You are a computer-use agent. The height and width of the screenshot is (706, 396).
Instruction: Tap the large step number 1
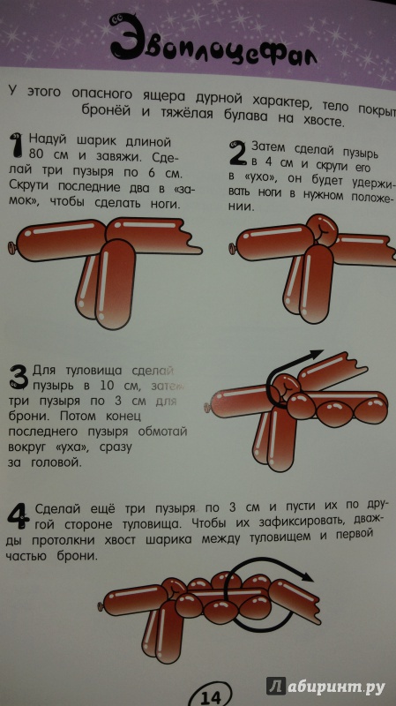point(17,145)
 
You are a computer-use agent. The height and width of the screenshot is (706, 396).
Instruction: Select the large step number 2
point(236,153)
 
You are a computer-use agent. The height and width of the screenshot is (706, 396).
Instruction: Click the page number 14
point(211,697)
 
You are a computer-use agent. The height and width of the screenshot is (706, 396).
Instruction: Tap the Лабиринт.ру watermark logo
point(325,687)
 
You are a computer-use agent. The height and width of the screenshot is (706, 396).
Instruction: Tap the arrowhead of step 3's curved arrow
point(317,355)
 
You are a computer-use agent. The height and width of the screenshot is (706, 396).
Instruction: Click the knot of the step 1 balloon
point(11,246)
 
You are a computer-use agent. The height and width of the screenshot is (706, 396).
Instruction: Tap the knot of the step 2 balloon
point(232,247)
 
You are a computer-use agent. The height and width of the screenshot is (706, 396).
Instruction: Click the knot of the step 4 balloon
point(101,606)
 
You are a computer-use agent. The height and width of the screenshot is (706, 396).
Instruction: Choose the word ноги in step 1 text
point(165,204)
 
